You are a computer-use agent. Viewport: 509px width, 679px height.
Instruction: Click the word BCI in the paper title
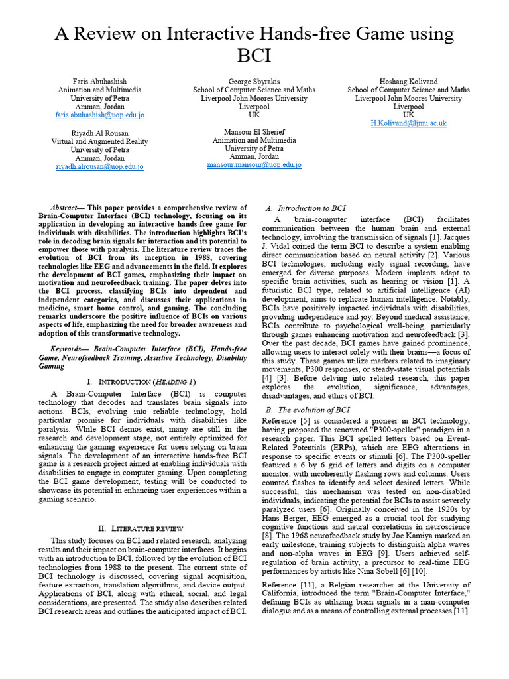(254, 55)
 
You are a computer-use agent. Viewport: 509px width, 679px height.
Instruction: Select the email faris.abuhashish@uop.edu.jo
(99, 115)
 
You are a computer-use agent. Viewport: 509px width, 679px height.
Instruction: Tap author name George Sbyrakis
(254, 81)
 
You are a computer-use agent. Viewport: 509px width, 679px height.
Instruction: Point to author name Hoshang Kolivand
(408, 81)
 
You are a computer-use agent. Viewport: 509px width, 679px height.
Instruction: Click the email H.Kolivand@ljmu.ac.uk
(408, 123)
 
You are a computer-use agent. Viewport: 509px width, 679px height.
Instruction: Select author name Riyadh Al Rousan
(99, 133)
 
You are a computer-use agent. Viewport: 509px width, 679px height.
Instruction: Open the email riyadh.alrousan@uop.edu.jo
(99, 167)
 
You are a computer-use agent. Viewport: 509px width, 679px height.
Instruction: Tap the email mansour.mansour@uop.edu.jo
(254, 164)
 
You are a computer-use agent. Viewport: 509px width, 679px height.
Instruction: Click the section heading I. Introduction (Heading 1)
(141, 382)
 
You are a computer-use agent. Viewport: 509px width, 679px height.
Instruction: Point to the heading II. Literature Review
(140, 528)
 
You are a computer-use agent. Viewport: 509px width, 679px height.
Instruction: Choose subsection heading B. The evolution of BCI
(308, 410)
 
